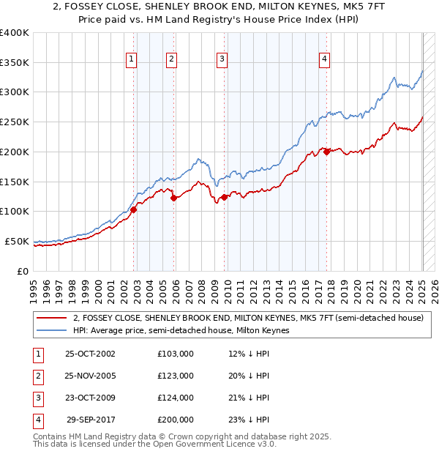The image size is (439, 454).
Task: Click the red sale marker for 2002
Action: click(x=134, y=209)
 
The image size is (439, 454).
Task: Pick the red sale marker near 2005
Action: click(x=174, y=197)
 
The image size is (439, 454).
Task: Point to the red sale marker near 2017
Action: click(x=327, y=152)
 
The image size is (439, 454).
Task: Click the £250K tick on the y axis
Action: click(x=16, y=122)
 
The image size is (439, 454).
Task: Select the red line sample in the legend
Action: click(x=50, y=319)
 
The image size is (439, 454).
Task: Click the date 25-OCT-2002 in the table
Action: click(x=90, y=354)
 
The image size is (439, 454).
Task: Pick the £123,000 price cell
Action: click(x=176, y=376)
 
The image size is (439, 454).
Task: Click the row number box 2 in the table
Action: click(x=37, y=376)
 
